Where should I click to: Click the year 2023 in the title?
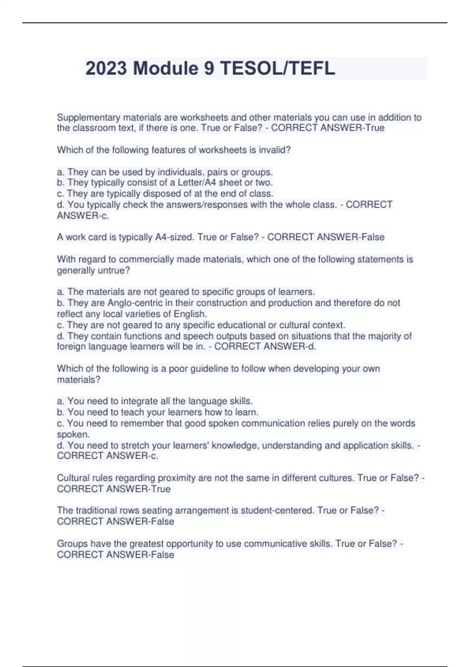coord(106,69)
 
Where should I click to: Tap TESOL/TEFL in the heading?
coord(277,69)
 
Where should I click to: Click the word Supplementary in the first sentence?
coord(89,117)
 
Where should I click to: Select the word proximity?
coord(177,478)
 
